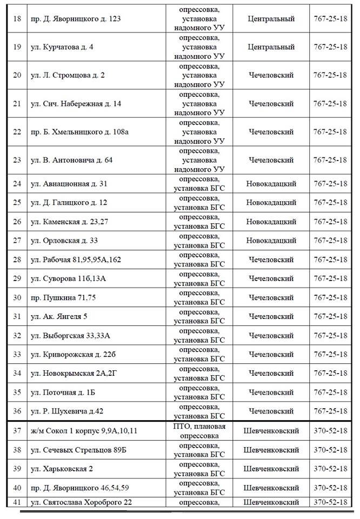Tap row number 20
click(x=17, y=75)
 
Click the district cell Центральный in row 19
click(x=271, y=47)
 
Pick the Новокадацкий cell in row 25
click(x=271, y=203)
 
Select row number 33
click(x=17, y=354)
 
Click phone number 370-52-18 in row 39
click(x=330, y=468)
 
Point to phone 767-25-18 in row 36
click(x=330, y=411)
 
